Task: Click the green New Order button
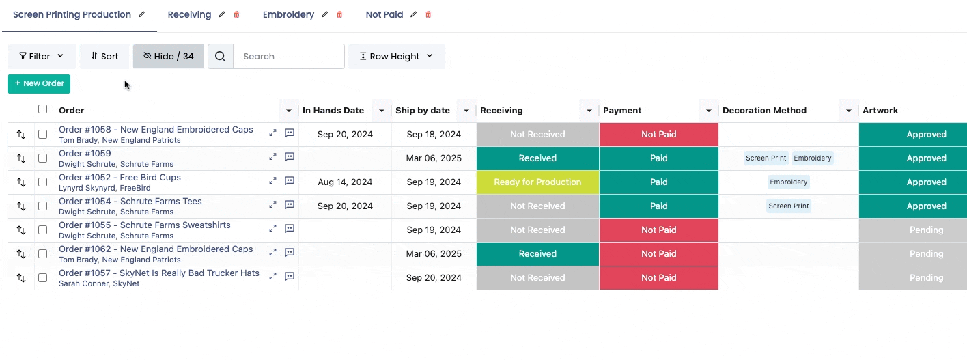(x=39, y=84)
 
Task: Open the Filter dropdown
(x=42, y=56)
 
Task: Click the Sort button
(x=104, y=56)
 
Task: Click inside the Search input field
(x=288, y=56)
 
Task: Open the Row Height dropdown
(x=396, y=56)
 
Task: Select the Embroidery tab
(x=288, y=14)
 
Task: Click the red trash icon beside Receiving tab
(x=236, y=14)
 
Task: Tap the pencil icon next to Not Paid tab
(x=414, y=14)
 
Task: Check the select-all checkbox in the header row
(x=43, y=109)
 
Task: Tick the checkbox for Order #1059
(x=43, y=158)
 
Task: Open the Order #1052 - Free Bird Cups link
(x=120, y=178)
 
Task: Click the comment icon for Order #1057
(x=290, y=276)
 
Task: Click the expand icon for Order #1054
(x=273, y=205)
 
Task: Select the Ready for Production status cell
(x=537, y=182)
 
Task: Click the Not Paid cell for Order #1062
(x=659, y=254)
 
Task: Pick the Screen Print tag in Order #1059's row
(x=766, y=158)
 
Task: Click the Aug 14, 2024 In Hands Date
(x=345, y=182)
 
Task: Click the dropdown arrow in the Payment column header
(x=708, y=111)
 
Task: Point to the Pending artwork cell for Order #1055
(x=912, y=230)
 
